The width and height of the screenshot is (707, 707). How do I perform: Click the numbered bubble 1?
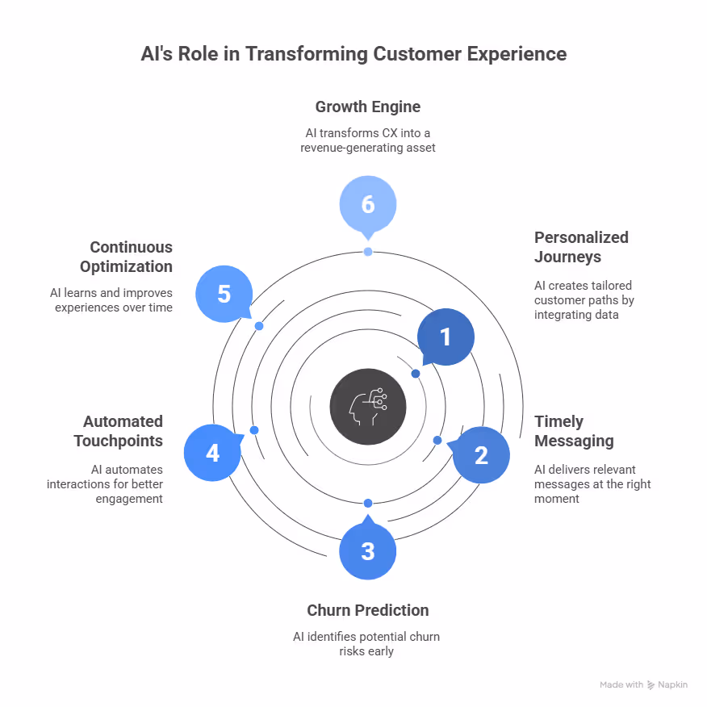(446, 337)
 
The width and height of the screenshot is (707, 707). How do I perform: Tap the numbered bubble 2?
(481, 455)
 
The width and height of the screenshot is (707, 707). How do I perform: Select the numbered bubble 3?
(368, 551)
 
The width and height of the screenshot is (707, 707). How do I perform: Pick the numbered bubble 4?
(212, 453)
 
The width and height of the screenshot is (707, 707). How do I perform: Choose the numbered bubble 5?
(224, 294)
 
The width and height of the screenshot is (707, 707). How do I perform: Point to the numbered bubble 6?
(368, 204)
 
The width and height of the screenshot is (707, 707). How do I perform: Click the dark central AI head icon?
(368, 407)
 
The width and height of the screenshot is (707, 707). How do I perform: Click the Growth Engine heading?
(367, 107)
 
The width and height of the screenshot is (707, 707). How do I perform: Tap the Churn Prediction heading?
(367, 610)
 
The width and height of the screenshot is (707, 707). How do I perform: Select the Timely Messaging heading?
(574, 431)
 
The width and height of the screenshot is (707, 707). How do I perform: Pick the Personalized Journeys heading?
(581, 247)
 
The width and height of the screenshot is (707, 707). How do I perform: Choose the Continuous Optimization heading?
(126, 257)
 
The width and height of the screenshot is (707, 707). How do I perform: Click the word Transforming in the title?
(316, 54)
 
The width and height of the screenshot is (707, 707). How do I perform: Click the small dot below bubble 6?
(368, 252)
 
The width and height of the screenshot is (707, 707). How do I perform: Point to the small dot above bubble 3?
(368, 503)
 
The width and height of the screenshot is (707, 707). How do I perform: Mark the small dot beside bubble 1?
(416, 374)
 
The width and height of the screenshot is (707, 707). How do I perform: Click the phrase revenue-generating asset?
(367, 148)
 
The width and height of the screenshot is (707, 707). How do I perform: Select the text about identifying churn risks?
(367, 643)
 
